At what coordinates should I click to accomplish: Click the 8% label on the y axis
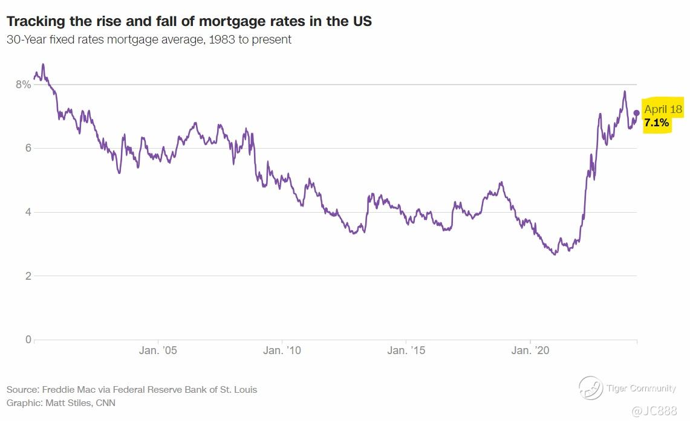pos(23,85)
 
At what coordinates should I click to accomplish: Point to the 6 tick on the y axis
pos(27,149)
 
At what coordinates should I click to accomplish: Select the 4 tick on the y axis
pos(27,213)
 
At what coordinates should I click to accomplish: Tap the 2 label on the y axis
pos(27,276)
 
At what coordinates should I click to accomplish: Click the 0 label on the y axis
pos(27,340)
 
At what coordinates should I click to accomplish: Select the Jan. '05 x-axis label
pos(158,350)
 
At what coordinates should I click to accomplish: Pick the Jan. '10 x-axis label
pos(282,350)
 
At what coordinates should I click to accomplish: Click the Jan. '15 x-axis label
pos(406,350)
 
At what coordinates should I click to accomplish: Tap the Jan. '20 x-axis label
pos(530,350)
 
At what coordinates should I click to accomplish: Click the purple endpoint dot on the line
pos(636,112)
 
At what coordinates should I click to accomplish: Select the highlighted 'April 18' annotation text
pos(663,109)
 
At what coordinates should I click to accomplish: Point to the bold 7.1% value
pos(657,123)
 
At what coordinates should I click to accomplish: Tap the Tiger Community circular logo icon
pos(590,388)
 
